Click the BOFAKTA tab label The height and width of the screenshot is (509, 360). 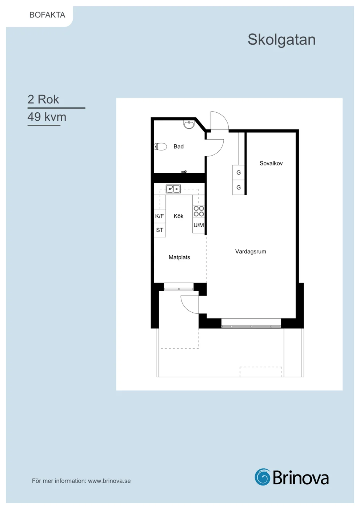47,15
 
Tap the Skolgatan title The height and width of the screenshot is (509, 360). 281,40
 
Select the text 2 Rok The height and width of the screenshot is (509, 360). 43,99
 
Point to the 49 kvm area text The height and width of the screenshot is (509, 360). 47,117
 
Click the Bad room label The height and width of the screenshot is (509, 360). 179,147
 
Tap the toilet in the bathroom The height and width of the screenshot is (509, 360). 160,147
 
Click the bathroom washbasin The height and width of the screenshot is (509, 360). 189,124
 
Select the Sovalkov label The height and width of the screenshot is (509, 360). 271,163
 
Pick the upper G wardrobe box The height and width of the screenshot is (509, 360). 239,172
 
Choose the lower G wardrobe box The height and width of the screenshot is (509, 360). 239,188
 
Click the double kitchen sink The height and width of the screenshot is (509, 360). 173,189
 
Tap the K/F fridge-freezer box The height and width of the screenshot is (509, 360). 160,216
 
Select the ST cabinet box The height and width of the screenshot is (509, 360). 160,230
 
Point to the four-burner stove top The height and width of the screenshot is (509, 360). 199,211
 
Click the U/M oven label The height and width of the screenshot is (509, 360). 199,225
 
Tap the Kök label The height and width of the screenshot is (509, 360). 179,216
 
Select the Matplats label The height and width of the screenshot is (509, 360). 179,257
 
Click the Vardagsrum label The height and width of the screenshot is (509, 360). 251,252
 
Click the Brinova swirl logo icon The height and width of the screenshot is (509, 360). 263,477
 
